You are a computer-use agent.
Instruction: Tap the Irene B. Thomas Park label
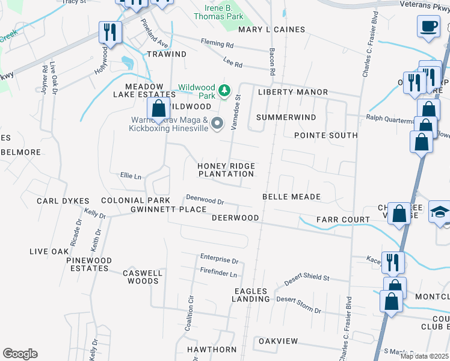pos(219,12)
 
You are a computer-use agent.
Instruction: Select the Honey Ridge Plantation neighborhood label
pos(226,170)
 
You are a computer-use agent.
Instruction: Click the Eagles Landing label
pos(250,295)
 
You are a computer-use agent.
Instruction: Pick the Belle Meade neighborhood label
pos(291,197)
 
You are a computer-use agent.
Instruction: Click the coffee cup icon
pos(428,26)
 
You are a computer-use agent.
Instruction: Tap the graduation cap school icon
pos(440,212)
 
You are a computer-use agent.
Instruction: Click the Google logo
pos(20,354)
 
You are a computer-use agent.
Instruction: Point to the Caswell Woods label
pos(143,277)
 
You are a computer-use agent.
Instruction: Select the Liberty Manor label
pos(293,92)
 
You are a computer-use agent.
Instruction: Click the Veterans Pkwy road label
pos(424,4)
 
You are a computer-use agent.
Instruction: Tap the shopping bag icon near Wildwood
pos(159,109)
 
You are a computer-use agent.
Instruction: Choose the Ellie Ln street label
pos(131,176)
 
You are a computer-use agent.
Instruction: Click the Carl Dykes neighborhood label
pos(63,201)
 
